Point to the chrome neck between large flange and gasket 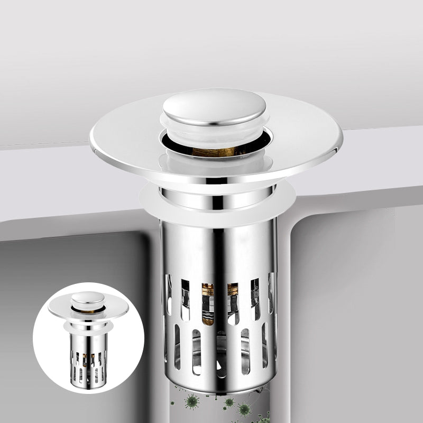[x=217, y=198]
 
